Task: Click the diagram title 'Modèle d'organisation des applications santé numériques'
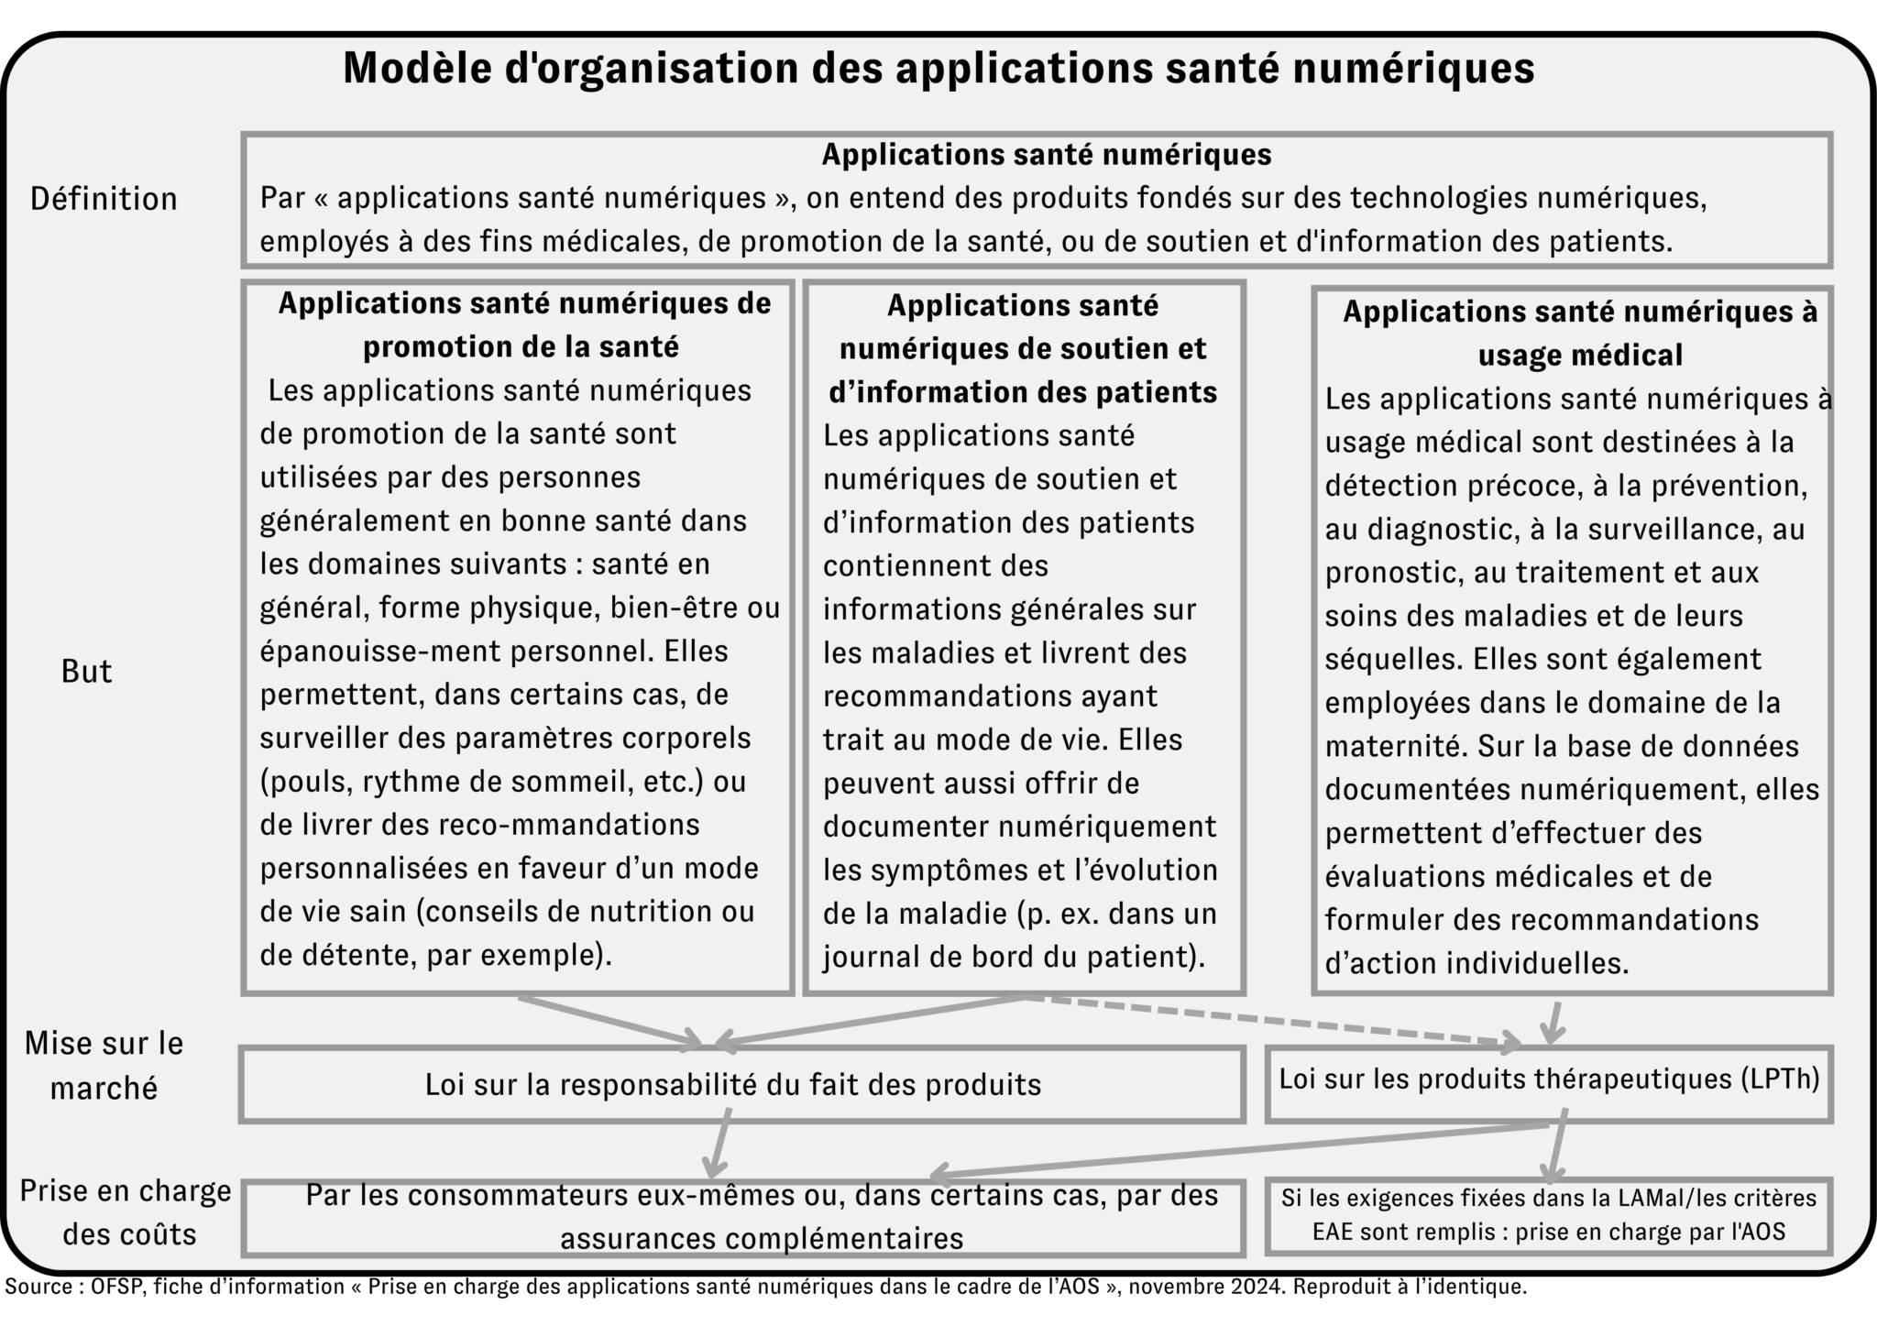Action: (938, 69)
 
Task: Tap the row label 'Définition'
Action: (104, 199)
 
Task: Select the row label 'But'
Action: (86, 672)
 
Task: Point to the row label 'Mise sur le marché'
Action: (104, 1065)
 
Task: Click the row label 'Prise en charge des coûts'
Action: (125, 1212)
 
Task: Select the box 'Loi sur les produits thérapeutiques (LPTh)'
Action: (1549, 1079)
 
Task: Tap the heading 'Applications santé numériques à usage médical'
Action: (1580, 333)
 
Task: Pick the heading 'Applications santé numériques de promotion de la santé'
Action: (523, 324)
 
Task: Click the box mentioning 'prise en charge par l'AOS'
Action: (1549, 1215)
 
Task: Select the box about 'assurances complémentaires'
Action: (742, 1217)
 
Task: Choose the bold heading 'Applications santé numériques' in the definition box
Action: (1046, 154)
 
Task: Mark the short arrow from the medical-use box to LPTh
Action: (1553, 1022)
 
